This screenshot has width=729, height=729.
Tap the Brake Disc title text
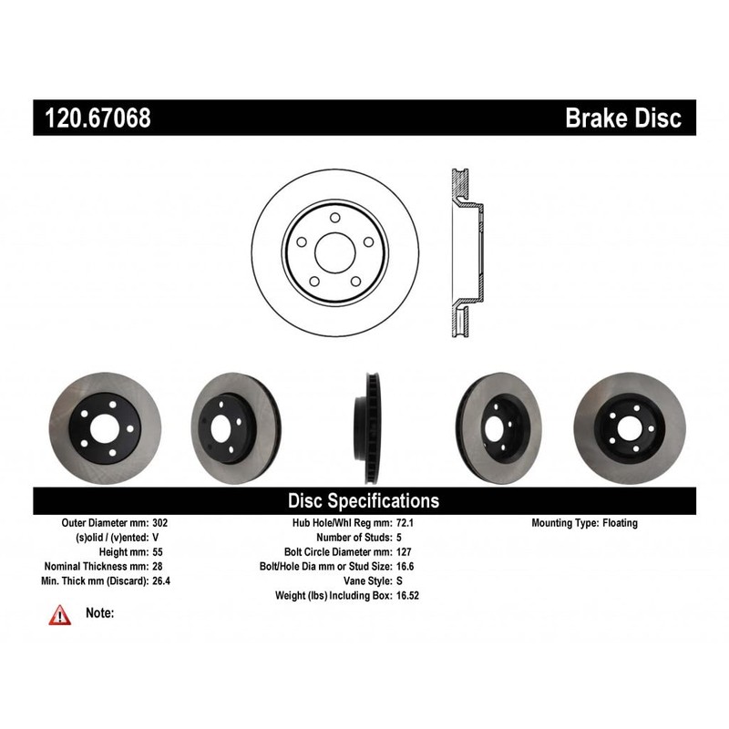(623, 118)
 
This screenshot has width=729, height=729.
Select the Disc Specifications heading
(364, 500)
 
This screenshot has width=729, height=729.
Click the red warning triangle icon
(59, 615)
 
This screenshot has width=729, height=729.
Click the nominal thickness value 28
(159, 566)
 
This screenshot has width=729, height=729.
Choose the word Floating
(620, 523)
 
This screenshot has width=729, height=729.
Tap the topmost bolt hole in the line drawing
(334, 218)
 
